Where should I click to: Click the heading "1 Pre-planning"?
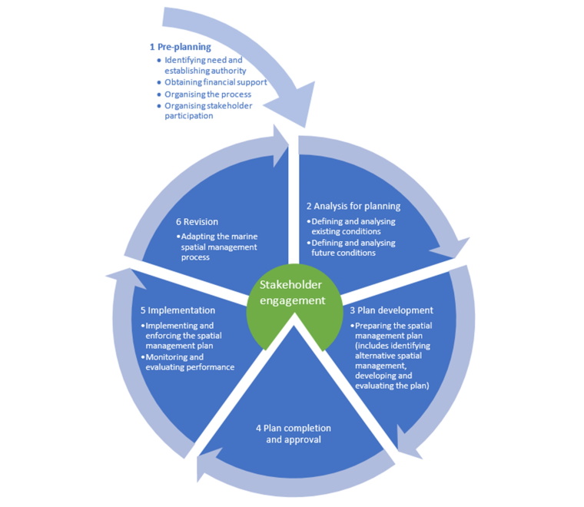coord(180,47)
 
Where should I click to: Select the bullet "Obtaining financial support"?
coord(215,82)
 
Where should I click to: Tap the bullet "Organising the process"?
coord(207,94)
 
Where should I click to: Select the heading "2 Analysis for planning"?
coord(353,206)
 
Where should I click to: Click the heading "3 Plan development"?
coord(391,310)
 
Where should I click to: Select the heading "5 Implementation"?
coord(178,310)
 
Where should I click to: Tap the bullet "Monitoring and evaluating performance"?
coord(188,362)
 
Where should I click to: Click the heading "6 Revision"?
coord(196,221)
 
